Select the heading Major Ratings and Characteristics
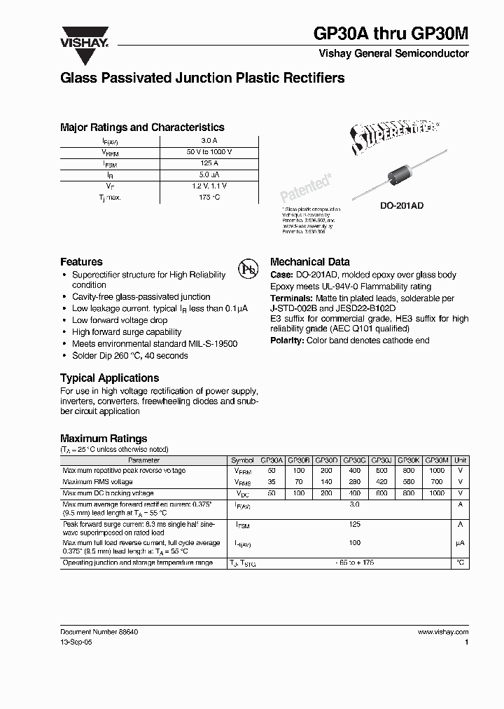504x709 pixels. [142, 128]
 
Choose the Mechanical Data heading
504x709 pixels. [309, 261]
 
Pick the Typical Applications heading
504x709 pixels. [108, 378]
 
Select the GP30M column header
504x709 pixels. [437, 461]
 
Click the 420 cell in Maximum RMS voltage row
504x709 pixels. [382, 482]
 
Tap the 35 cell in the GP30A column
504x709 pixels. [272, 482]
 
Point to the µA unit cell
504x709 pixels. [460, 543]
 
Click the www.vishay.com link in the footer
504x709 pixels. [442, 632]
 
